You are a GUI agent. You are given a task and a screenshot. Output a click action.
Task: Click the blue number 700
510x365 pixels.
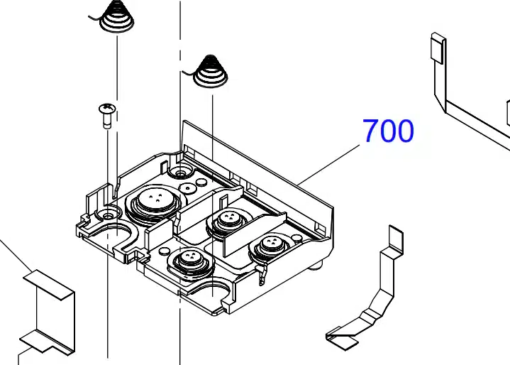click(x=388, y=131)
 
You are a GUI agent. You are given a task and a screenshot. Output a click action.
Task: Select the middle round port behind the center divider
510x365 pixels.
click(x=228, y=222)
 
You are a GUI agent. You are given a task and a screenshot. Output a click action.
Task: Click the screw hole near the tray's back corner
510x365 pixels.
click(x=180, y=173)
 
